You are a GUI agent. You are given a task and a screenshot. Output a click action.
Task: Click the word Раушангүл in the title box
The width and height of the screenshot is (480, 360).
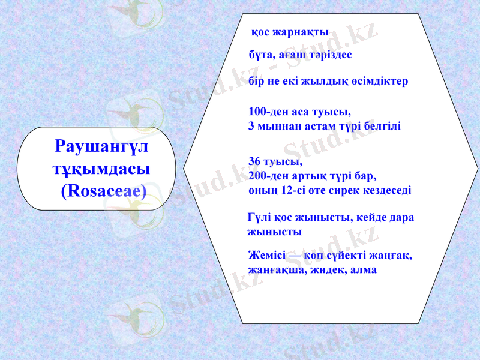click(x=101, y=146)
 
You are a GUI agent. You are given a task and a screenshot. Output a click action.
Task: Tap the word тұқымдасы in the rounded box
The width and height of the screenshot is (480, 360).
click(x=101, y=169)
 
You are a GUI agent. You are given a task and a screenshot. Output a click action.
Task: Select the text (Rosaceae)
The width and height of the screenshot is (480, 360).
click(x=104, y=191)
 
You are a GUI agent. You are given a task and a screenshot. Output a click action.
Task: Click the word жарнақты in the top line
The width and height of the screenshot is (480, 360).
click(x=301, y=32)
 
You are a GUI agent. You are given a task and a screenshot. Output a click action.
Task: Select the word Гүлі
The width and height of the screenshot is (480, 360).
click(x=259, y=217)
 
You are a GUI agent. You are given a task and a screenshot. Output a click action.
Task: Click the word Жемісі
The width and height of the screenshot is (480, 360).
click(x=265, y=256)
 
